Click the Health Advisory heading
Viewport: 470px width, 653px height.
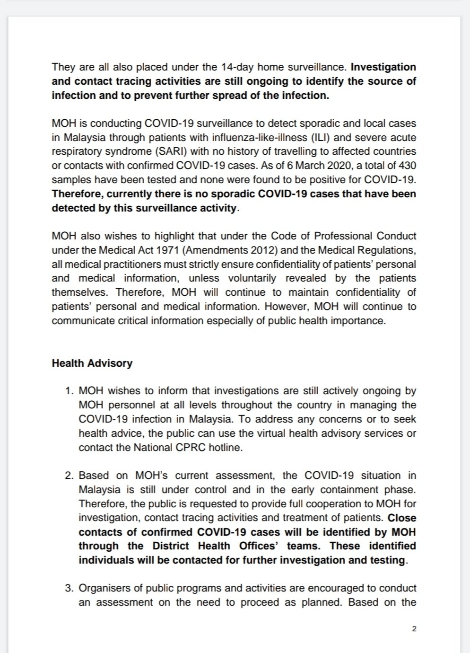[92, 363]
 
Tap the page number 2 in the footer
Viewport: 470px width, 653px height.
[414, 629]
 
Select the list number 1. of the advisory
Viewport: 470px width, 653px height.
[70, 391]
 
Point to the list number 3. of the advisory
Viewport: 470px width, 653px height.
[70, 588]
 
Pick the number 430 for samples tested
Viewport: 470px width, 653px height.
[407, 166]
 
